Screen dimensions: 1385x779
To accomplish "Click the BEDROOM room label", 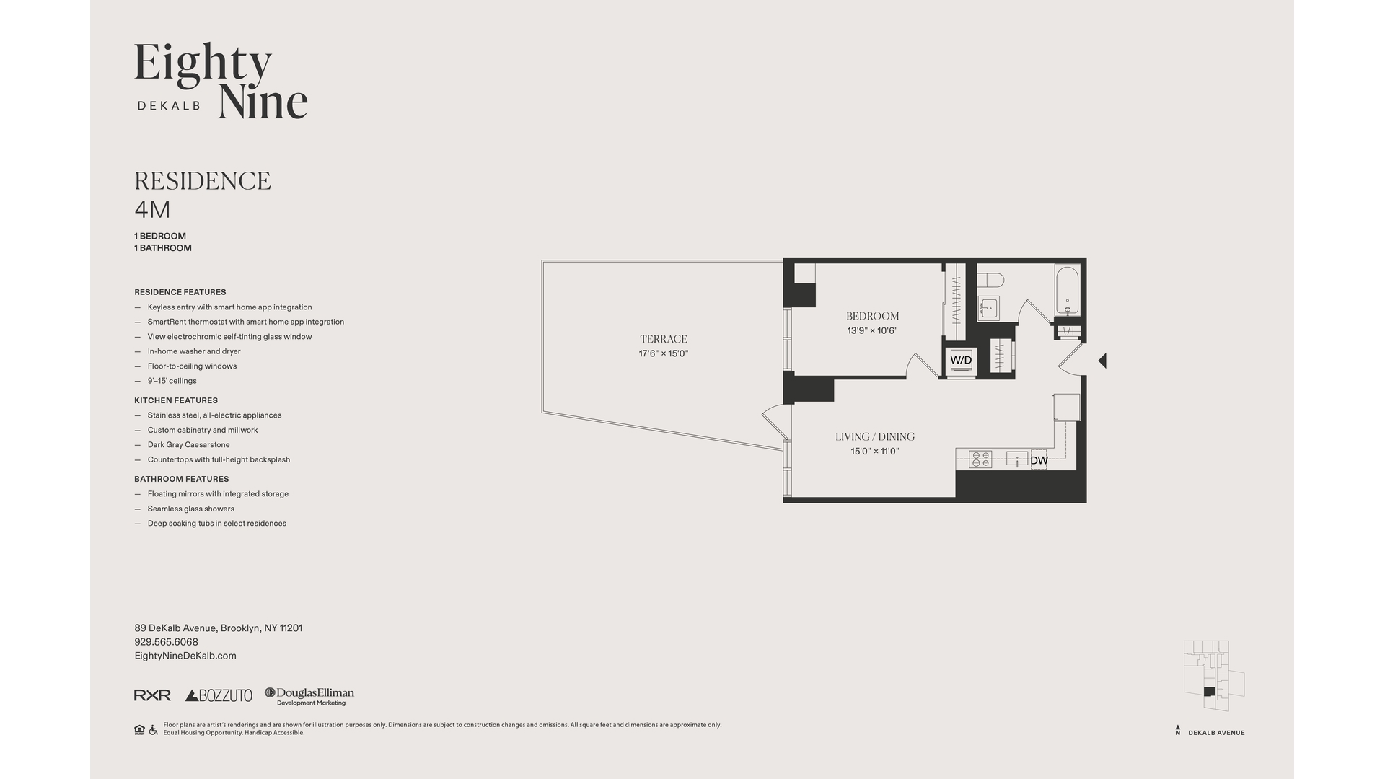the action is point(872,316).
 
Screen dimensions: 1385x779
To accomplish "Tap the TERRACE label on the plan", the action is point(663,339).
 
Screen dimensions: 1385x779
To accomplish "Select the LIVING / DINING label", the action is point(875,436).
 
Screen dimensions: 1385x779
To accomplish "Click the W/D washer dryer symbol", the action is point(961,361).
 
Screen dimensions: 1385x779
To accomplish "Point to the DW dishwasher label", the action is point(1039,460).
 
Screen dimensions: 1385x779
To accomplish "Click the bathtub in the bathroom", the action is point(1068,291).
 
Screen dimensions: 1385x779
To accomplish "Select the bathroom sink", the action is point(988,309).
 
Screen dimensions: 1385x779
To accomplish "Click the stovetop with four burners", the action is point(980,459).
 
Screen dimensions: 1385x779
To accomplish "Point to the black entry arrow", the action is point(1102,360).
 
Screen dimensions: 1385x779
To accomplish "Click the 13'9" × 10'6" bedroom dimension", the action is point(872,331).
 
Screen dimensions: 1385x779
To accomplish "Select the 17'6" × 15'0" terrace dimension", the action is point(664,353).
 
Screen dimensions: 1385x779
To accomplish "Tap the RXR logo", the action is point(152,695).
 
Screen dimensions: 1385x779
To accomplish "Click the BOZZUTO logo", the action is point(219,695).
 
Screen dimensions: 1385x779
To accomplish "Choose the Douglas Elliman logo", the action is point(309,696).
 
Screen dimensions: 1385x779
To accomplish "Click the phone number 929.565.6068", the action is point(166,642).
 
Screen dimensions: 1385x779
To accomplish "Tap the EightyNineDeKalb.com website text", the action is point(185,656).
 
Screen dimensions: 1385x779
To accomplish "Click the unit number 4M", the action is point(152,210).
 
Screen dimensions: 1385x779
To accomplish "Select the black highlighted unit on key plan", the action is point(1209,692).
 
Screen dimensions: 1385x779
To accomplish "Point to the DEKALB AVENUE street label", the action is point(1216,733).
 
